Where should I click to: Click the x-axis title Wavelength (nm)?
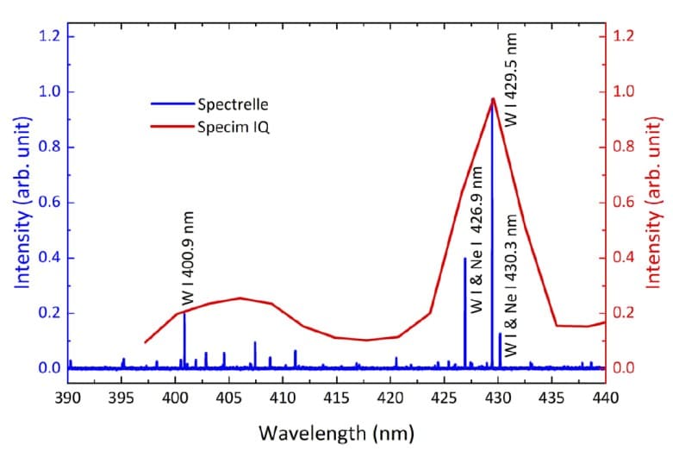click(336, 430)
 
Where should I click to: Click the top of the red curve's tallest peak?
click(492, 99)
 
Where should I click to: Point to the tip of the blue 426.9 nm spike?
click(464, 258)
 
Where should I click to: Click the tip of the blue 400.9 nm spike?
click(184, 313)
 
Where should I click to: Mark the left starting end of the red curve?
click(145, 343)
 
